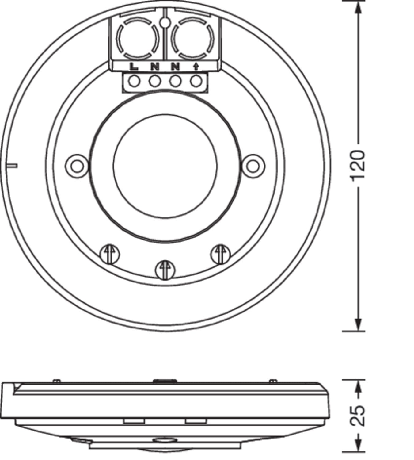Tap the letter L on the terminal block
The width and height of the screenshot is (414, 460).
pos(134,67)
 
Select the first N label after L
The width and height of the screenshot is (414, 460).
pos(155,67)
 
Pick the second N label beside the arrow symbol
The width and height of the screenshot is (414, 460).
pos(175,67)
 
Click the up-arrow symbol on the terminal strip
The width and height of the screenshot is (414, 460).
pos(196,67)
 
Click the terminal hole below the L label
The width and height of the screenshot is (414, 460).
pos(134,81)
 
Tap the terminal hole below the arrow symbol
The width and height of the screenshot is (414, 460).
pos(196,81)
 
